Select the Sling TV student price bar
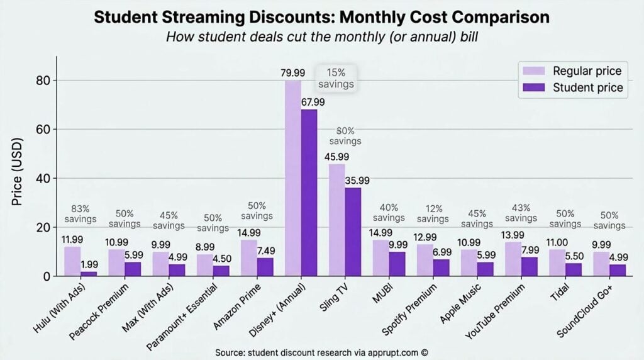(353, 232)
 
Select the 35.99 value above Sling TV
(357, 180)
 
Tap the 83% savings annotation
(79, 213)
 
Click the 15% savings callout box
(336, 78)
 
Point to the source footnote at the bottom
(321, 352)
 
